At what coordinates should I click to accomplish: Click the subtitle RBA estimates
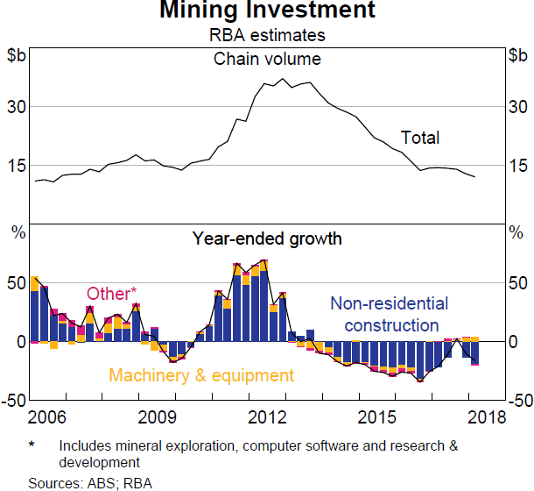click(x=267, y=36)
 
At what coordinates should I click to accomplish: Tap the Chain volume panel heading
click(x=267, y=60)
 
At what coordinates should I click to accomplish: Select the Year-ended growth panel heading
click(x=267, y=238)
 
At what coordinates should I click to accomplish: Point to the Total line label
click(x=420, y=138)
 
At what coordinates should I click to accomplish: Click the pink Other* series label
click(x=111, y=294)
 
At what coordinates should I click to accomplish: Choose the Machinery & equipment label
click(x=200, y=375)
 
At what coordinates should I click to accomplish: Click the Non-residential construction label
click(x=383, y=315)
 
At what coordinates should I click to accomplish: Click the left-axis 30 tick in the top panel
click(x=16, y=106)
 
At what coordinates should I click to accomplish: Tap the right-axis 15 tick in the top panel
click(x=517, y=166)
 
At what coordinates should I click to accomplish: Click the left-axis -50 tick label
click(x=13, y=401)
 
